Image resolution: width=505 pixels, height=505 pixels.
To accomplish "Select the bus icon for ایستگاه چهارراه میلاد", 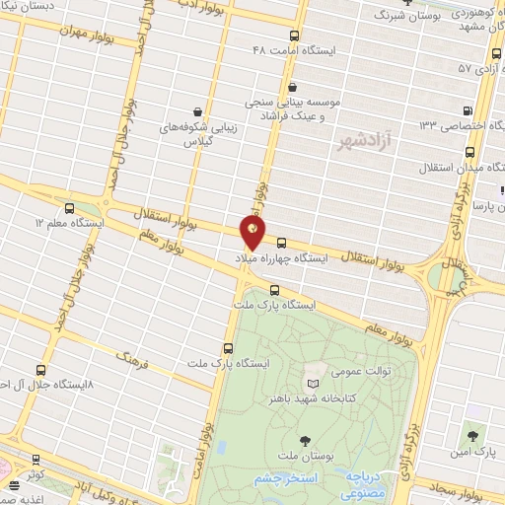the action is point(282,243).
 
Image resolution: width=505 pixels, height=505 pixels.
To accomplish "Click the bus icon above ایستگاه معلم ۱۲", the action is point(69,208).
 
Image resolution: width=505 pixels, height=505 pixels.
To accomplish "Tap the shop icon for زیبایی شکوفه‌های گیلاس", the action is point(200,111).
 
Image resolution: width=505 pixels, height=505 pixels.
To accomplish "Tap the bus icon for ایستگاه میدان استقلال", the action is point(469,153).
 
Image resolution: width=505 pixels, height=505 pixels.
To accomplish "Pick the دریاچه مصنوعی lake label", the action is point(366,479).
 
